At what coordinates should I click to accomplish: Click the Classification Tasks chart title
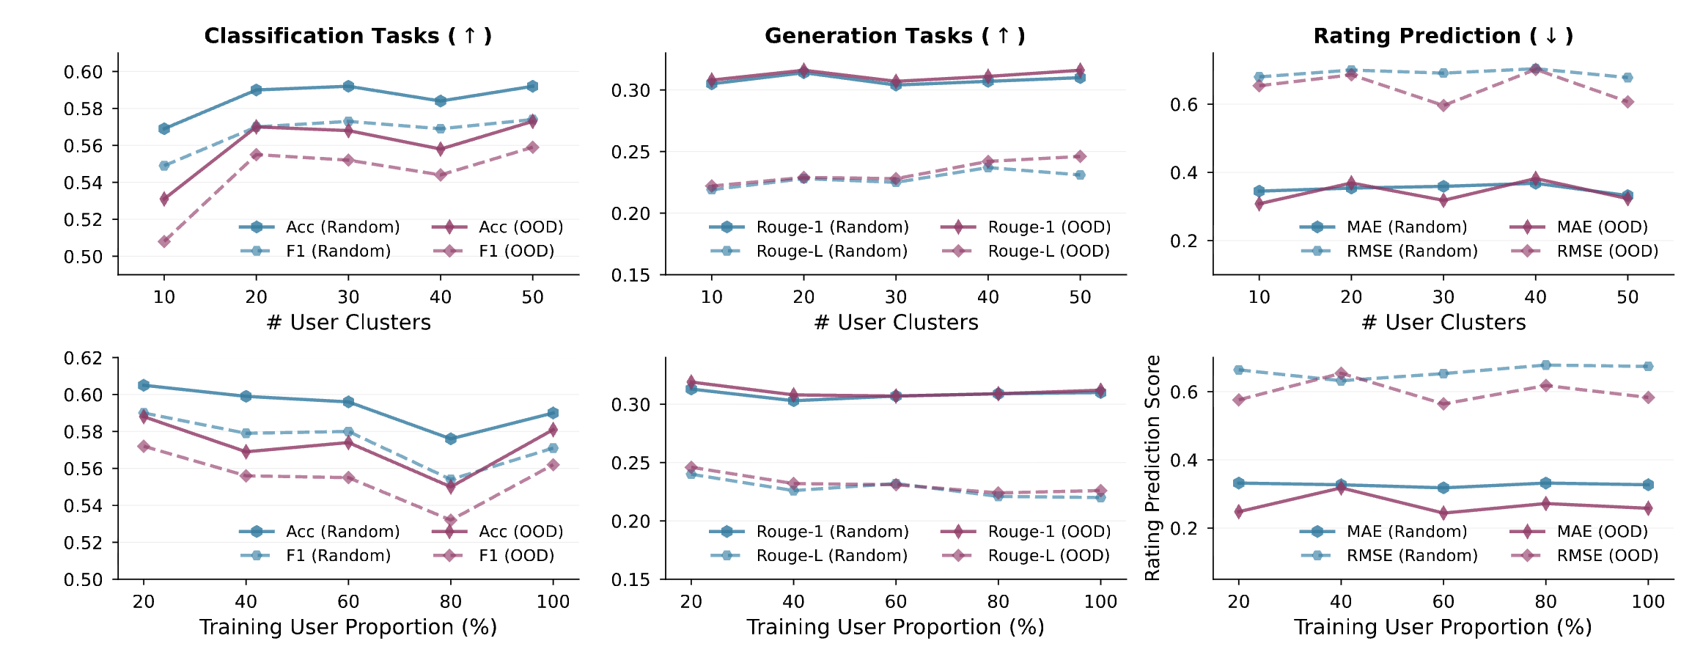click(347, 36)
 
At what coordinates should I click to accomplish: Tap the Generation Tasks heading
click(894, 36)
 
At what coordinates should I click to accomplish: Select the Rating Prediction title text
click(1443, 36)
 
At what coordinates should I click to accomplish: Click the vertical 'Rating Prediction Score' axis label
click(1152, 468)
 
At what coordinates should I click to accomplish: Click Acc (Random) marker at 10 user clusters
click(164, 128)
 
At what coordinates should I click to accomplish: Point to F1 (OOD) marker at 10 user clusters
click(164, 241)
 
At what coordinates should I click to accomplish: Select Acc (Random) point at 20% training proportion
click(144, 385)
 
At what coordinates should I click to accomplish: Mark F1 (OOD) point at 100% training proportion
click(553, 465)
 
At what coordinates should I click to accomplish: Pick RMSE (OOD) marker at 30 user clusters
click(1443, 106)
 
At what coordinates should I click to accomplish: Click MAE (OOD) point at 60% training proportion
click(1443, 513)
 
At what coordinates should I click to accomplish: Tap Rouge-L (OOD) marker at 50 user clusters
click(1080, 156)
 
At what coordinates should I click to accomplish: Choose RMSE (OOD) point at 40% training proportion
click(1341, 373)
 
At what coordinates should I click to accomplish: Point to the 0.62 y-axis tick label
click(83, 359)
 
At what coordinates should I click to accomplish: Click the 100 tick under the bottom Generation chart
click(1100, 602)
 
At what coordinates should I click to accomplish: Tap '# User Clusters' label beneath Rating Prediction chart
click(1443, 323)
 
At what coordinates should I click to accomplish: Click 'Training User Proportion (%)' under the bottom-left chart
click(348, 628)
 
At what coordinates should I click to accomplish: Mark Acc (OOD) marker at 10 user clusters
click(164, 199)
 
